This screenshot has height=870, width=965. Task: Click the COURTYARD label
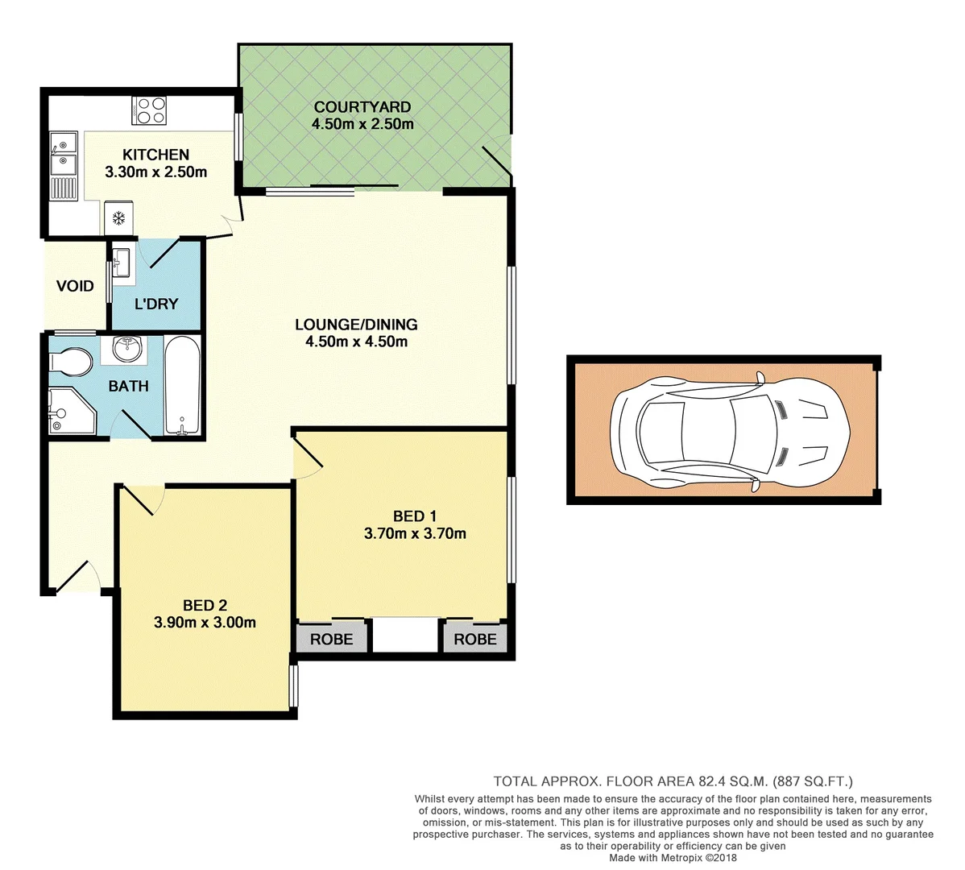[x=362, y=107]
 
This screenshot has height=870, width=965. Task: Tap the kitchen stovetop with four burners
[x=150, y=110]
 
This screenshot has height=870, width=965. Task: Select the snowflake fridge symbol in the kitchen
[x=118, y=218]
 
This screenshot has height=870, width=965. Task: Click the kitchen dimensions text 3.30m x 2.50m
[x=155, y=172]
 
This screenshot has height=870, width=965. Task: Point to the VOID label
[x=75, y=286]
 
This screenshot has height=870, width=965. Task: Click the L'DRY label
[x=156, y=304]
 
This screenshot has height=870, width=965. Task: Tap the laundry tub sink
[x=122, y=263]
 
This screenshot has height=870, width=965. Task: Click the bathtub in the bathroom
[x=182, y=387]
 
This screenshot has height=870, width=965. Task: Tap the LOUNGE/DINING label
[x=356, y=325]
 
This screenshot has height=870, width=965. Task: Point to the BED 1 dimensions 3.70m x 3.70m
[x=415, y=533]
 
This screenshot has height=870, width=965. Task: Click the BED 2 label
[x=205, y=605]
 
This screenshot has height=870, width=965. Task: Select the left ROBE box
[x=332, y=639]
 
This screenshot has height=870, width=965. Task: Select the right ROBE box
[x=475, y=639]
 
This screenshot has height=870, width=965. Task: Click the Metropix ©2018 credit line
[x=673, y=858]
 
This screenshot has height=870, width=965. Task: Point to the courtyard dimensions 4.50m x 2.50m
[x=362, y=124]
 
